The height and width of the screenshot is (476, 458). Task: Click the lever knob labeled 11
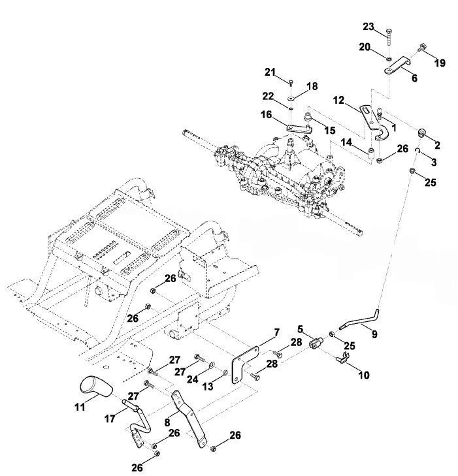tap(95, 386)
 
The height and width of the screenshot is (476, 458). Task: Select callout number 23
tap(368, 27)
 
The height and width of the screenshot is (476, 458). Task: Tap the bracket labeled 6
tap(397, 65)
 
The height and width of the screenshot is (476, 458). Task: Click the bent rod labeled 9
tap(361, 324)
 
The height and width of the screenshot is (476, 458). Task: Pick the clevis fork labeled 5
tap(316, 343)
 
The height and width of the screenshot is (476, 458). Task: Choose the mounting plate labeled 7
tap(244, 364)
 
